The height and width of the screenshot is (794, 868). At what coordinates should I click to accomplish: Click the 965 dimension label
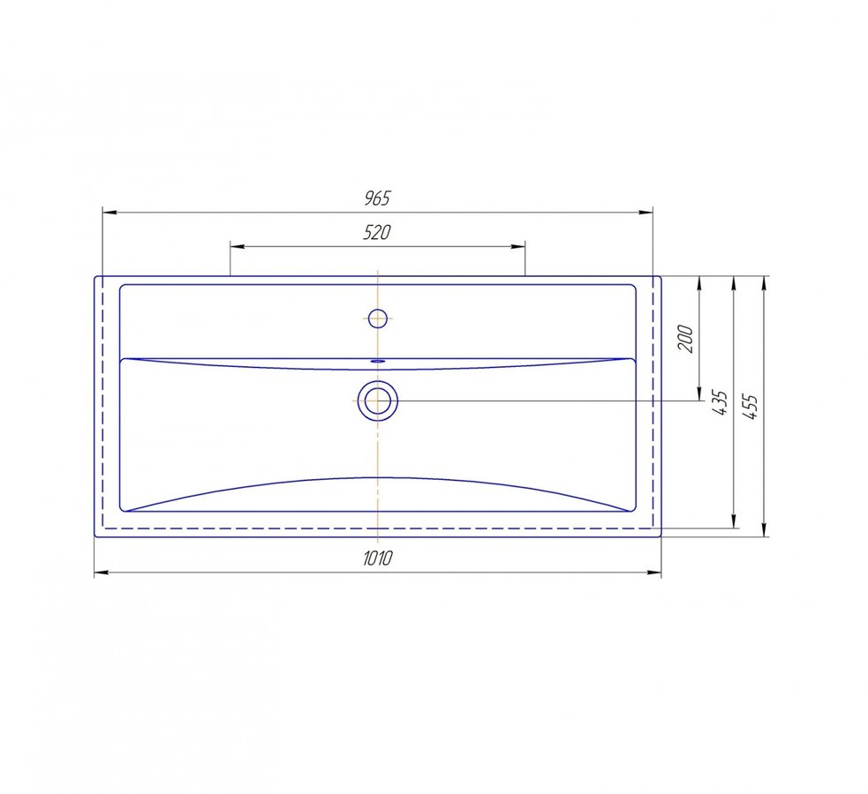tap(378, 198)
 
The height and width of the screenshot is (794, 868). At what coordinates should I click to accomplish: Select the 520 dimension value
tap(377, 232)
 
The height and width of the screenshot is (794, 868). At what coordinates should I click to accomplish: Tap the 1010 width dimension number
tap(378, 558)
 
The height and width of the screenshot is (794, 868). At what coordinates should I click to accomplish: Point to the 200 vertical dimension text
tap(685, 339)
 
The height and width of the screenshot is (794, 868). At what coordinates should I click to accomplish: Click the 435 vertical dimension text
tap(720, 402)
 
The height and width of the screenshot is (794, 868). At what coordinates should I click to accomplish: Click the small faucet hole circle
tap(378, 318)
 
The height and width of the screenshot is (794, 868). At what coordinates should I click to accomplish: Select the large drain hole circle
tap(378, 401)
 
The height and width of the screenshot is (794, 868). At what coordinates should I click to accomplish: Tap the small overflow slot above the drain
tap(378, 361)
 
